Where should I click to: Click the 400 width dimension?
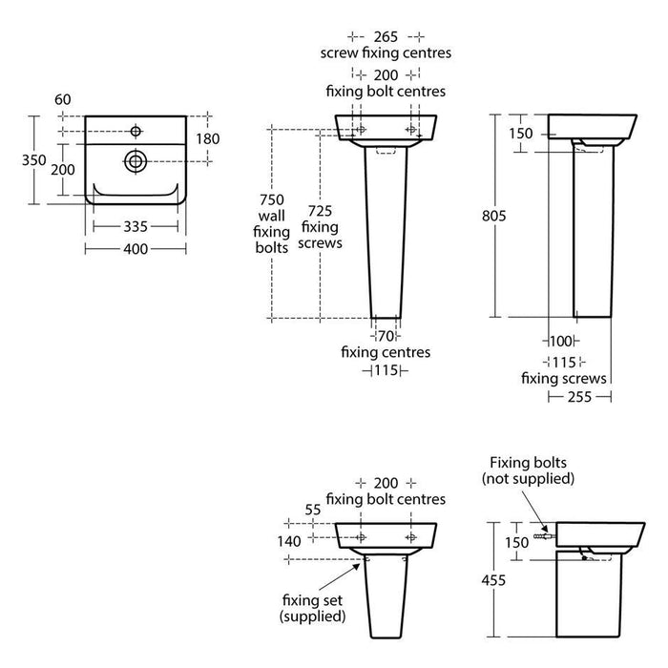tap(136, 249)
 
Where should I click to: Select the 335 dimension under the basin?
tap(136, 227)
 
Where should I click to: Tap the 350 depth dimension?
tap(34, 160)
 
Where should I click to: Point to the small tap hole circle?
tap(136, 132)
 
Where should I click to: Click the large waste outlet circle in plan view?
tap(136, 161)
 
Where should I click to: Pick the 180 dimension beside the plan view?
tap(208, 139)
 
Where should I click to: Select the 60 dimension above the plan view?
tap(63, 99)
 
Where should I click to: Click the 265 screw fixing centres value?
tap(386, 37)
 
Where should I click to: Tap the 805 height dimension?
tap(494, 216)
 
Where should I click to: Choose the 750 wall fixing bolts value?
tap(272, 199)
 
